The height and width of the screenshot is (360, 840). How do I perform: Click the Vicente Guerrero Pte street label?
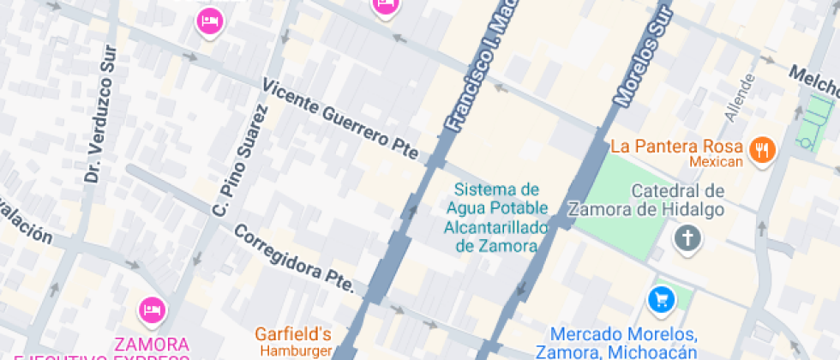point(340,121)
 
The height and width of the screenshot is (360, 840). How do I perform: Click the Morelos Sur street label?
point(641,54)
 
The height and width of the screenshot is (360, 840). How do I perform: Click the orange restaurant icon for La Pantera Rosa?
point(761,151)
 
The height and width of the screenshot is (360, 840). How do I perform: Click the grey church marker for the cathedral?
point(687,237)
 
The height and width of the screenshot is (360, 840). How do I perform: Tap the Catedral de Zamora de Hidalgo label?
point(678,200)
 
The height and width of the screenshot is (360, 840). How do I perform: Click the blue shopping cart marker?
point(660,299)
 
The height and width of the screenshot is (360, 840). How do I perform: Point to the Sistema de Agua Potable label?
point(496,218)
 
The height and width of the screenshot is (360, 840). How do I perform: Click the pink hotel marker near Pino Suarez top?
point(209,20)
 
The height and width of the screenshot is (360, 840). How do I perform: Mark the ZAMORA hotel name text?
point(151,345)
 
